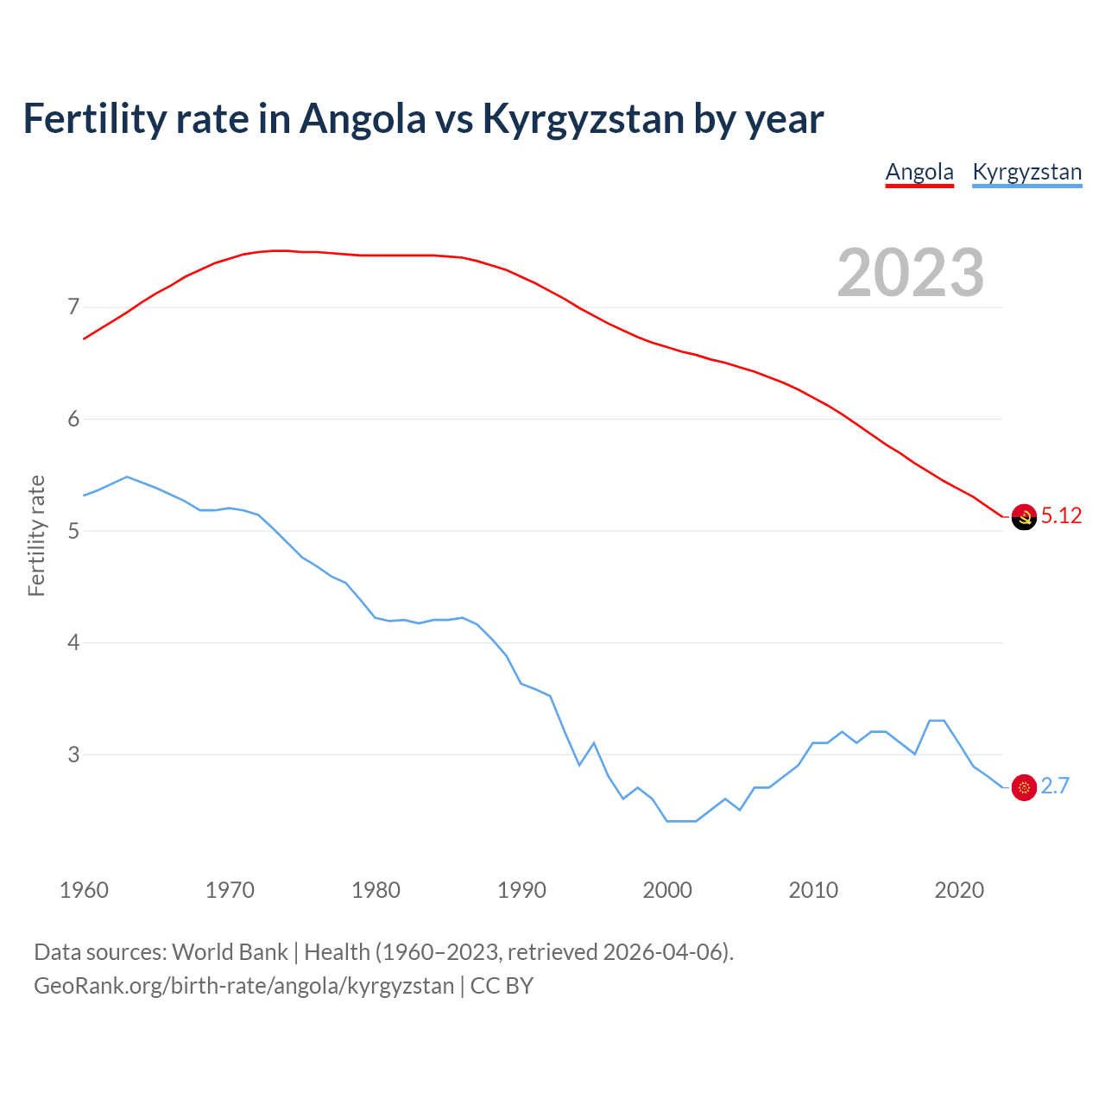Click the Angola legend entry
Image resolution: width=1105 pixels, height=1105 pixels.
[x=919, y=172]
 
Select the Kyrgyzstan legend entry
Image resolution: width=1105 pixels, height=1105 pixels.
[x=1026, y=172]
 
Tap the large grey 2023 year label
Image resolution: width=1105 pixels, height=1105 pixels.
[x=911, y=273]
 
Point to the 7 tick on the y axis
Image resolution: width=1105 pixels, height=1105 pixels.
[x=73, y=307]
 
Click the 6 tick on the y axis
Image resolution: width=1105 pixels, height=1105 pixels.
[x=73, y=420]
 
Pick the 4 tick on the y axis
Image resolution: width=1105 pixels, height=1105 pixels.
[x=73, y=643]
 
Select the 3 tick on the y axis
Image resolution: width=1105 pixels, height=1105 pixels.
[x=73, y=755]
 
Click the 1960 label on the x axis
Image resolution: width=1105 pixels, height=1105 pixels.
[x=84, y=890]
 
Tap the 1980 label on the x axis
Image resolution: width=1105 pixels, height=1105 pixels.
[x=376, y=890]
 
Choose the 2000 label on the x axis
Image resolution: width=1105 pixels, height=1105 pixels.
[x=667, y=890]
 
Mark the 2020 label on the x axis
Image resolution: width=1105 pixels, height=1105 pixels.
[x=959, y=890]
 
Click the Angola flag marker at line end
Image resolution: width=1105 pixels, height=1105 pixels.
[x=1024, y=517]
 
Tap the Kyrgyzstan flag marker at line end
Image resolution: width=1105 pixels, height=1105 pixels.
[x=1024, y=787]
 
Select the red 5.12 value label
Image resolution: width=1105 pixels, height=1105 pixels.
[x=1061, y=516]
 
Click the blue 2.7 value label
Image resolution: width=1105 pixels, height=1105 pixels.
[x=1055, y=786]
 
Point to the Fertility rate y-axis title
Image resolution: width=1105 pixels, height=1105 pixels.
[x=36, y=535]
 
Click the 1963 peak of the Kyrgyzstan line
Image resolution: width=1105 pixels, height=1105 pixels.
[x=127, y=477]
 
